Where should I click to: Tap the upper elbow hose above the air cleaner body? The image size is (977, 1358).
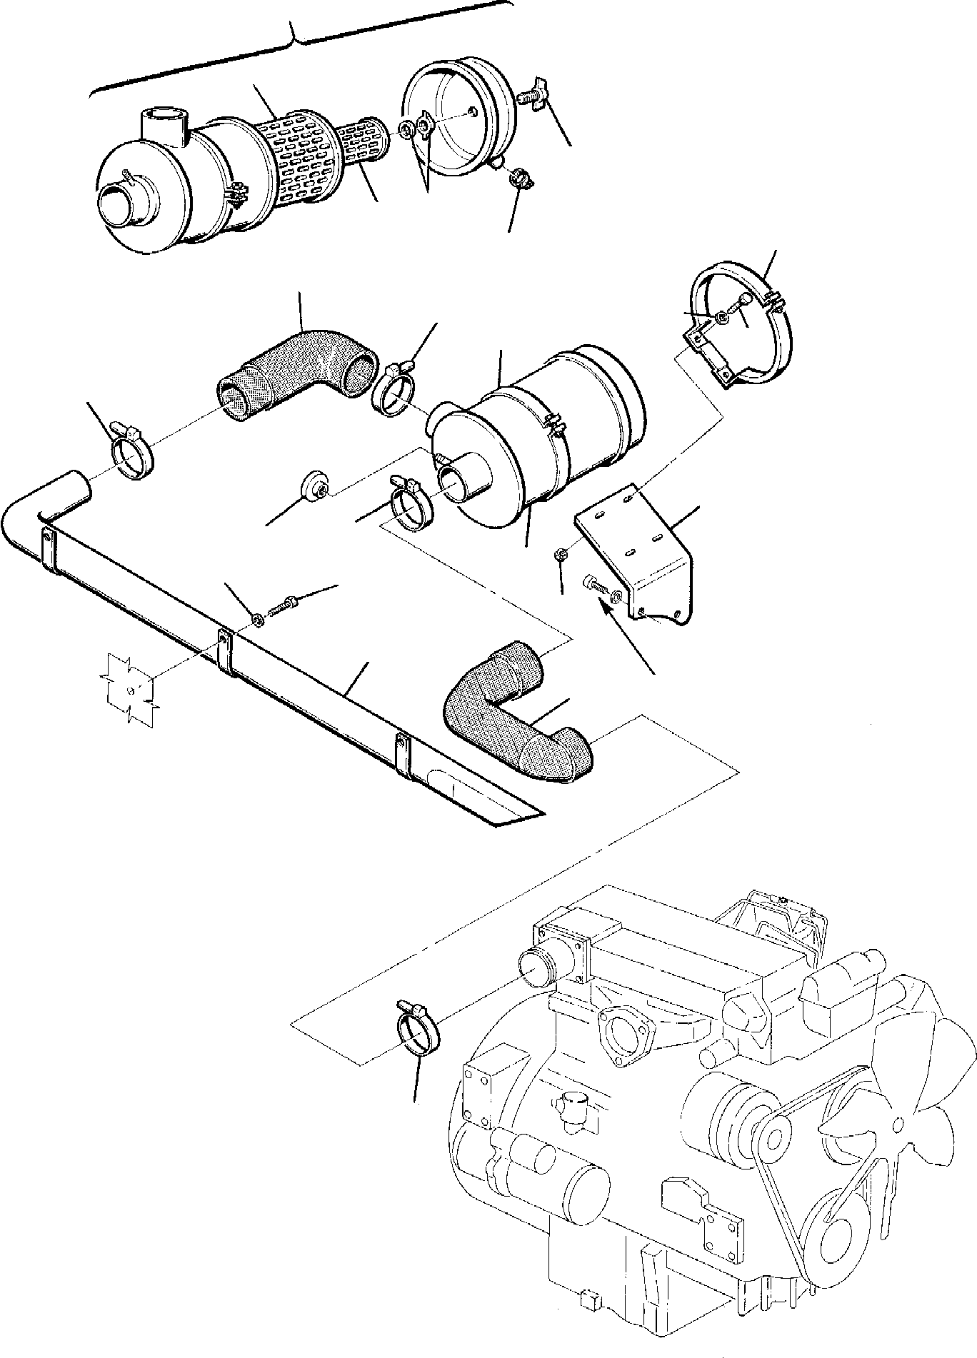tap(300, 364)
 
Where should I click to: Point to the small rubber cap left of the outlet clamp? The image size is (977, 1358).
tap(314, 487)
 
